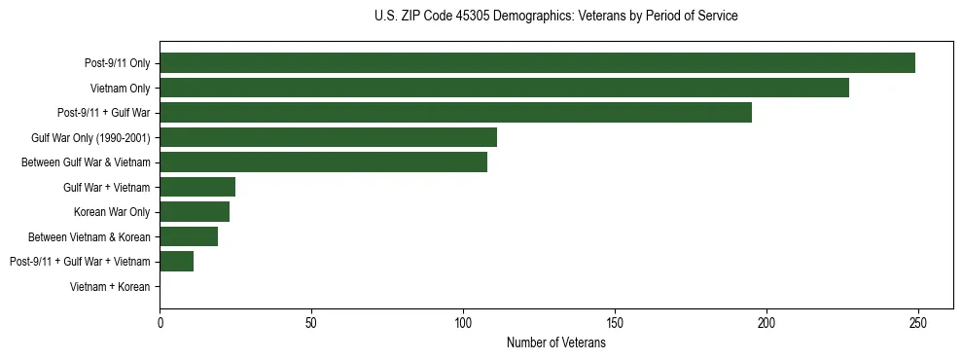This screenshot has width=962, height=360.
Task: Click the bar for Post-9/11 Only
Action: coord(537,63)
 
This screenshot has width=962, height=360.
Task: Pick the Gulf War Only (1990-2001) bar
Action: coord(328,137)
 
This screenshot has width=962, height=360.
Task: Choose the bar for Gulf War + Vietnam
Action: coord(197,187)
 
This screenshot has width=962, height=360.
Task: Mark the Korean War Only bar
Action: coord(195,212)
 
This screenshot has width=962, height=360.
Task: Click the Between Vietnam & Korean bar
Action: coord(189,236)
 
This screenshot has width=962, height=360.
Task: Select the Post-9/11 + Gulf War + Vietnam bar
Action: coord(176,262)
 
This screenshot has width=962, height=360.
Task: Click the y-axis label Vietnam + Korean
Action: coord(110,287)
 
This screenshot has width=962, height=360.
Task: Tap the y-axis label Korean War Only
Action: coord(112,212)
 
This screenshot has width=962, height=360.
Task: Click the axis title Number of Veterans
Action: coord(555,342)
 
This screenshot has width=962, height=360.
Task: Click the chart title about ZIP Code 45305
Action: coord(555,17)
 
